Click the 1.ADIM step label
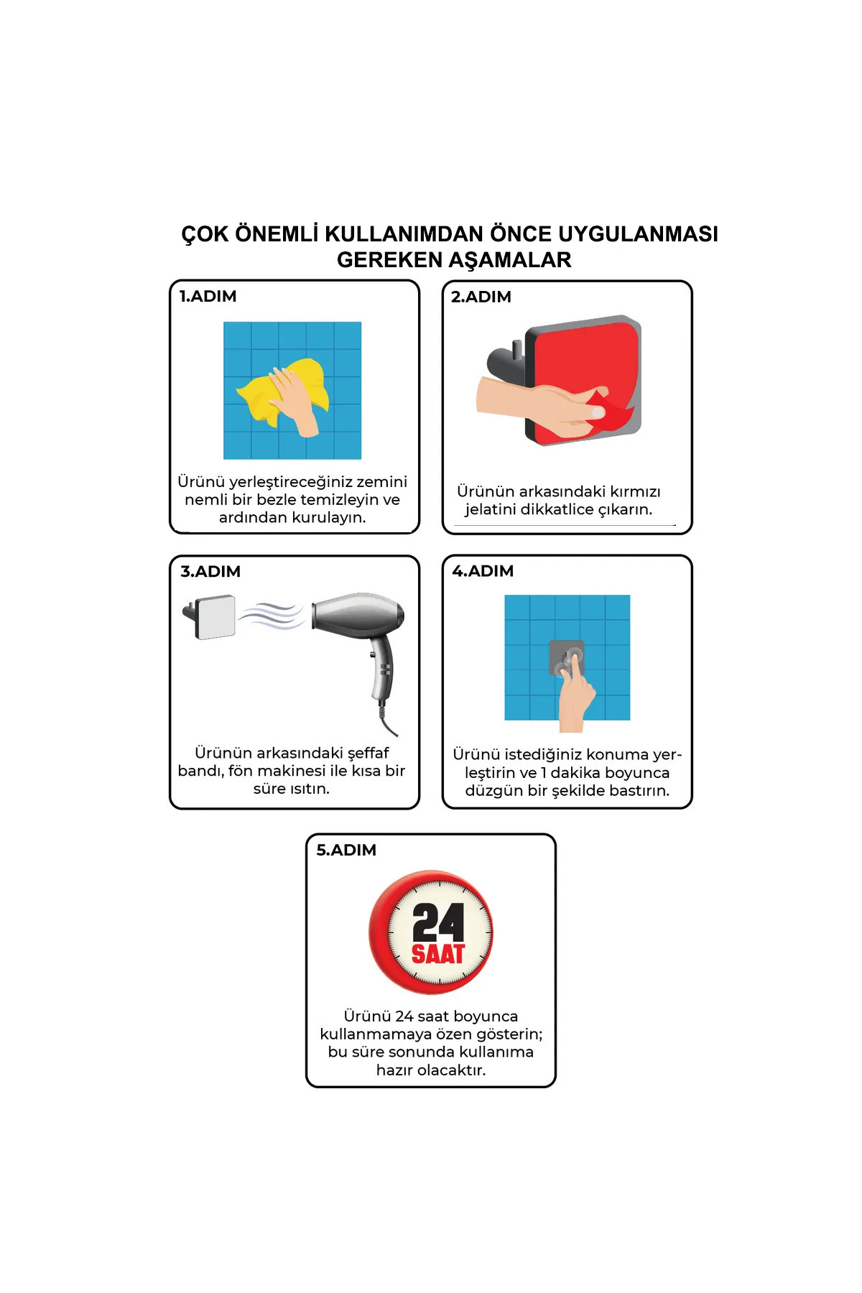tap(208, 296)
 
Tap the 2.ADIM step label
tap(481, 297)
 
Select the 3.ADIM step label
tap(210, 571)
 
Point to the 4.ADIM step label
tap(483, 571)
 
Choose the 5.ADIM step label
tap(346, 850)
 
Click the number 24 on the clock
tap(438, 922)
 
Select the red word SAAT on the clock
tap(438, 954)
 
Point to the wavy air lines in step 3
tap(272, 616)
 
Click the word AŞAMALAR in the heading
tap(508, 260)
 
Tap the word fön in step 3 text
tap(241, 771)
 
